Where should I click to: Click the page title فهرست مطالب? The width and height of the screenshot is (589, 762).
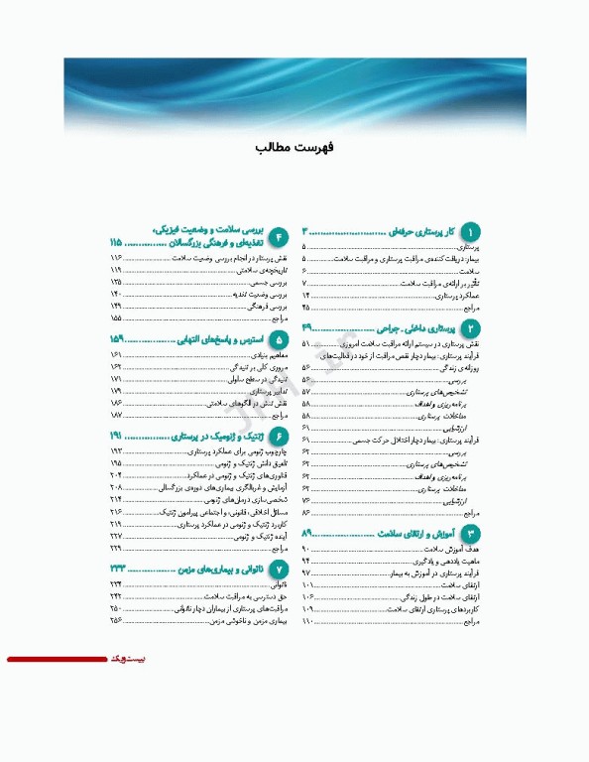(294, 147)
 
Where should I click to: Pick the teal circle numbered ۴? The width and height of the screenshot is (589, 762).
(280, 235)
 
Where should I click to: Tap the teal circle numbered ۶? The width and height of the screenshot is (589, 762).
(280, 437)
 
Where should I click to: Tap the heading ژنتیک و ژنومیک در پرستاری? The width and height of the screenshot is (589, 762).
(217, 436)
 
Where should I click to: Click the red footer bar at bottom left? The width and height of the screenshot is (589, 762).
(56, 659)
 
